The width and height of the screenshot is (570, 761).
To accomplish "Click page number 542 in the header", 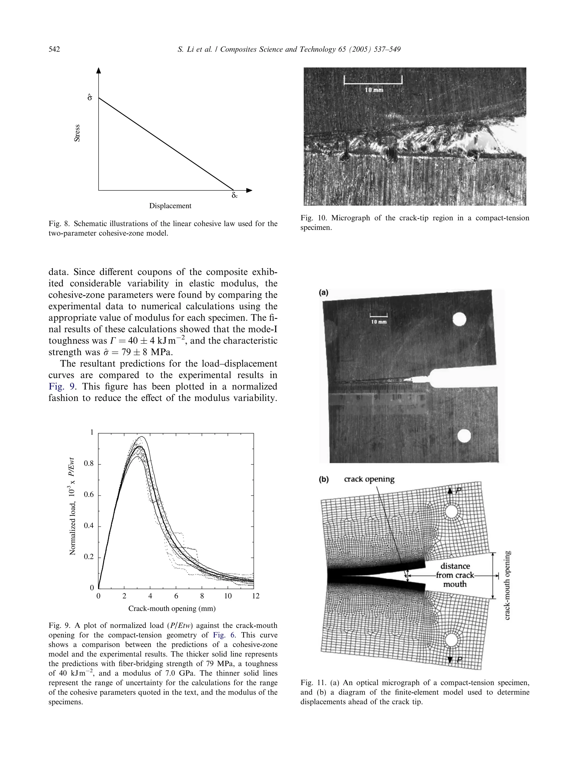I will pos(54,50).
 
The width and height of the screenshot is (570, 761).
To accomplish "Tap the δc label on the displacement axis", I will pos(234,196).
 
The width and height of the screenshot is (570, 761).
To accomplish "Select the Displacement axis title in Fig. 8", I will pos(170,206).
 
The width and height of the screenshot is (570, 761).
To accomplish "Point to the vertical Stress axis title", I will pos(77,133).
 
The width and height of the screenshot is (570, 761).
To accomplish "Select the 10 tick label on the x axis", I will pos(228,596).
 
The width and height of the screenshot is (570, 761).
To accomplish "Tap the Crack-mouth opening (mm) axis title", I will pos(172,608).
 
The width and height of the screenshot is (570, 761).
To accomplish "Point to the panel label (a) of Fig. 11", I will pos(323,292).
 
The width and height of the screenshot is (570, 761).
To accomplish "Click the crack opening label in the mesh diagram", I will pos(369,479).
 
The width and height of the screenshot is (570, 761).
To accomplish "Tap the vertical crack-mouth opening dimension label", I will pos(507,585).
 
